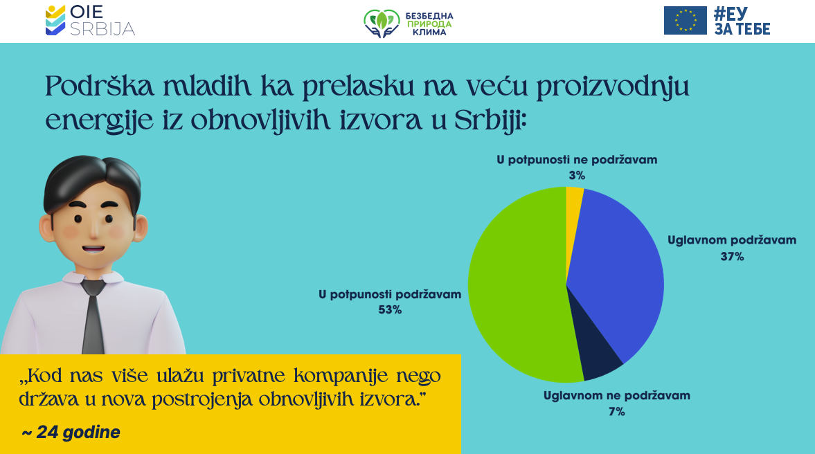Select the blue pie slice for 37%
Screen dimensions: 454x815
(x=613, y=270)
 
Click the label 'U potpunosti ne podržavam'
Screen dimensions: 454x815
(x=577, y=160)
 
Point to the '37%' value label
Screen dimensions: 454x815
(x=732, y=257)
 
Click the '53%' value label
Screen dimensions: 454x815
(x=390, y=309)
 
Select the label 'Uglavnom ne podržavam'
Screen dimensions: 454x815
(x=617, y=396)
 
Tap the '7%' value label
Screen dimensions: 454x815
(x=617, y=412)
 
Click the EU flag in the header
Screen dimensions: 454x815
(x=685, y=21)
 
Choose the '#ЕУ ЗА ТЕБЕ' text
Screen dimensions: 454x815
(x=742, y=21)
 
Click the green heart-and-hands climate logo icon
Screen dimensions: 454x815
(x=382, y=23)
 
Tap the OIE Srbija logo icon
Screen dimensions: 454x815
(x=55, y=20)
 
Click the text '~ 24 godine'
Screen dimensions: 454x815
(x=71, y=433)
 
